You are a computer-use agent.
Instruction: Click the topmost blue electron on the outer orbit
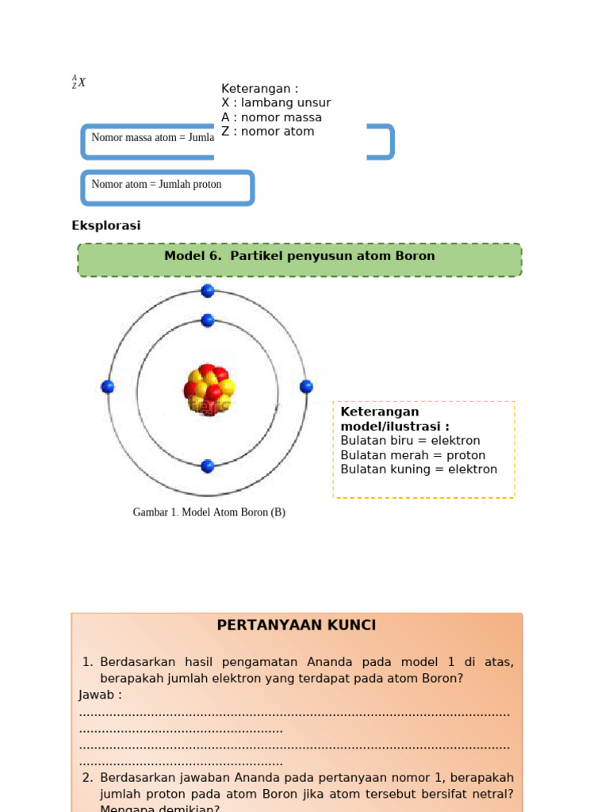[x=208, y=291]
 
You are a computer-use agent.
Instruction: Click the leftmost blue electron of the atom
[x=108, y=387]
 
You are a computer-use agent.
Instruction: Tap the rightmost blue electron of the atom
[x=306, y=387]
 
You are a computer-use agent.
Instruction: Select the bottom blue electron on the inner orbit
[x=208, y=466]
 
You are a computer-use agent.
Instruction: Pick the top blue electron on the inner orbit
[x=208, y=320]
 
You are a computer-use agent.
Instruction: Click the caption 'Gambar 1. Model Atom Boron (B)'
[x=209, y=512]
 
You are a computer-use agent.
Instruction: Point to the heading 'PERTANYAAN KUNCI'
[x=297, y=626]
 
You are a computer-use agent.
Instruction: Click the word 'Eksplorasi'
[x=106, y=226]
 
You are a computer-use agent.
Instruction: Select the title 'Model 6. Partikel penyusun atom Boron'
[x=300, y=256]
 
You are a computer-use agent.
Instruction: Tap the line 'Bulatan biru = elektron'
[x=410, y=441]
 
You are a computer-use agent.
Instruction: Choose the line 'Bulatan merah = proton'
[x=413, y=455]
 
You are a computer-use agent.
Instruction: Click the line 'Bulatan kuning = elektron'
[x=419, y=469]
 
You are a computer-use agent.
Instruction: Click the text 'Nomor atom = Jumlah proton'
[x=157, y=185]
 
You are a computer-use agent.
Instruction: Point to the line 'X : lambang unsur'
[x=276, y=103]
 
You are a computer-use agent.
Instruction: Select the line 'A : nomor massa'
[x=271, y=117]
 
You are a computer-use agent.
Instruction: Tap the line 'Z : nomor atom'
[x=267, y=132]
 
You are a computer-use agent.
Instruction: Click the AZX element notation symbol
[x=79, y=82]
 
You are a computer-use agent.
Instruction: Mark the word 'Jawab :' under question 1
[x=101, y=695]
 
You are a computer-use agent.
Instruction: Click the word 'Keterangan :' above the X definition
[x=259, y=89]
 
